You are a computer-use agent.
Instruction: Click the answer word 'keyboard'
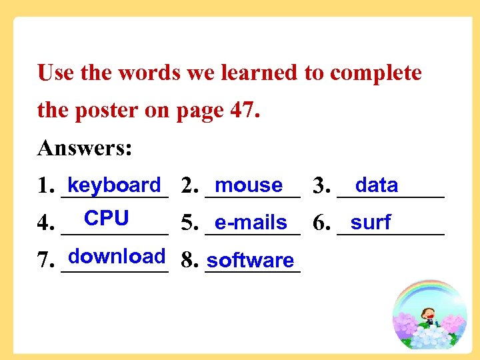(x=114, y=185)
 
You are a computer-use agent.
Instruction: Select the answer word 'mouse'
(x=249, y=185)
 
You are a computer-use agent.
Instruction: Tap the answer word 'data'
(x=377, y=185)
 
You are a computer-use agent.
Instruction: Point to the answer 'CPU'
(x=107, y=218)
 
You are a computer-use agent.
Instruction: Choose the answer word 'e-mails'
(x=251, y=223)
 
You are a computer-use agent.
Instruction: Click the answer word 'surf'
(x=371, y=222)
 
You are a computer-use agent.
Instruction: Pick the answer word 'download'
(x=117, y=256)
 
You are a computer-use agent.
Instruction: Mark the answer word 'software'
(x=250, y=261)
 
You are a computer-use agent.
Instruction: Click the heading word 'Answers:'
(x=85, y=147)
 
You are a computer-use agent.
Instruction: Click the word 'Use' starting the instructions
(x=55, y=73)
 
